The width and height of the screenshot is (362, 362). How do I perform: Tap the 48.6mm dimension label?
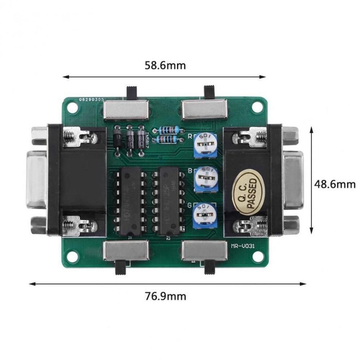click(334, 184)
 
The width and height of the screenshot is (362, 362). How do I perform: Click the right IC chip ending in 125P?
click(168, 201)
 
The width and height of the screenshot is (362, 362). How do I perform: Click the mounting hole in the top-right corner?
click(257, 107)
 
